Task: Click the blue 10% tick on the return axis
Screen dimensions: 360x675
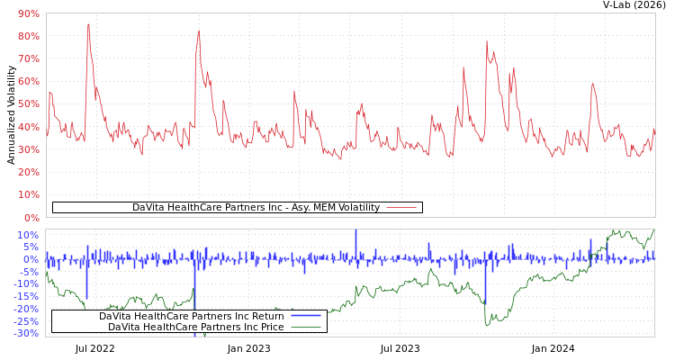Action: [x=28, y=235]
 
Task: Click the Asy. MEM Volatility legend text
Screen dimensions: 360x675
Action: [x=256, y=208]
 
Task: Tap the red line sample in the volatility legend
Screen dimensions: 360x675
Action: [x=401, y=208]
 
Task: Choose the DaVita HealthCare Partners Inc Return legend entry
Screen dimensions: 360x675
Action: [x=191, y=316]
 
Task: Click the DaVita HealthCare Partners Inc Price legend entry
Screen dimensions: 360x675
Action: [x=195, y=327]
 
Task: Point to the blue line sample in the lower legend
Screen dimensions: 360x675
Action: [x=306, y=316]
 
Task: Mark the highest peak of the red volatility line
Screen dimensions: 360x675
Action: [x=88, y=24]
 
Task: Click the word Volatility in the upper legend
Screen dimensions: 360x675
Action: [x=354, y=208]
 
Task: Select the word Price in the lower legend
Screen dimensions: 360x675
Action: [x=270, y=327]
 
